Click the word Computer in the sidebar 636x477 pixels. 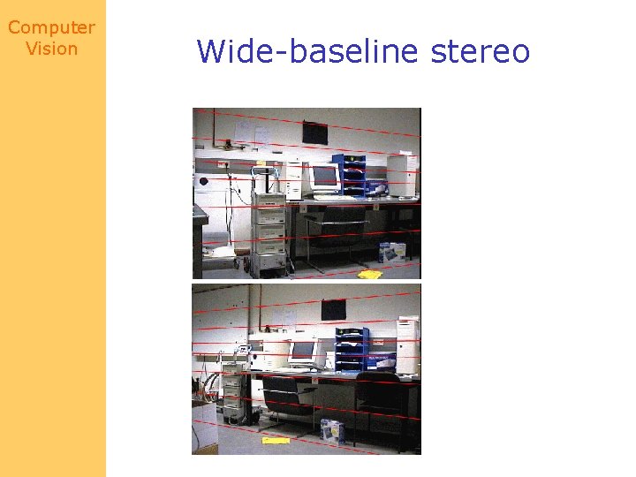click(x=51, y=28)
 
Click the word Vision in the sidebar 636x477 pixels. click(x=51, y=49)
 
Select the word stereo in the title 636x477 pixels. click(x=481, y=51)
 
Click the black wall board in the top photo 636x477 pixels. click(x=314, y=132)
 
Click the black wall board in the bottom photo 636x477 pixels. click(x=333, y=309)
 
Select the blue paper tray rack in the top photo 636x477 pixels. click(x=353, y=175)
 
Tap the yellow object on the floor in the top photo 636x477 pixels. click(x=370, y=274)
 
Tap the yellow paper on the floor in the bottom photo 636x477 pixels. click(x=276, y=439)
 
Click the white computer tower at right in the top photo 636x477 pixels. click(x=401, y=175)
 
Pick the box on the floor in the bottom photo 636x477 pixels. click(x=332, y=429)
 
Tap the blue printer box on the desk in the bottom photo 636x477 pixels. click(x=381, y=361)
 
